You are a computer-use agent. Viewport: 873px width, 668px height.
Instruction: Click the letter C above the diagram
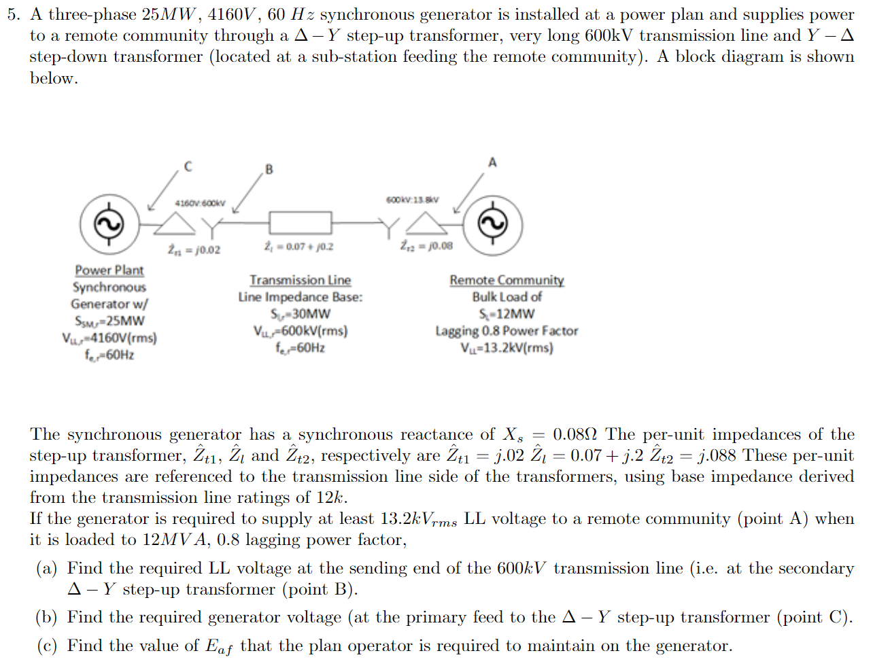[188, 166]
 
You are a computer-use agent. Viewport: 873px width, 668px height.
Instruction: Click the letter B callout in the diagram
[269, 169]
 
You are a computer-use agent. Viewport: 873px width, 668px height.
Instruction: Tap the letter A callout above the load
[492, 162]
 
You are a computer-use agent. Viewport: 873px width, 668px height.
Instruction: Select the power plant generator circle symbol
[109, 224]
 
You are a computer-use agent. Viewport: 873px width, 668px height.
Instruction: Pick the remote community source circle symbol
[493, 224]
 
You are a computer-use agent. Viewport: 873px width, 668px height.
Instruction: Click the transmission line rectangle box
[301, 222]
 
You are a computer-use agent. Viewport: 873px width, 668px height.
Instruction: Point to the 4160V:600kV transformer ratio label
[200, 203]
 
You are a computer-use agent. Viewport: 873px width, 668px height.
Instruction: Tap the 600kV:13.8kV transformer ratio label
[412, 200]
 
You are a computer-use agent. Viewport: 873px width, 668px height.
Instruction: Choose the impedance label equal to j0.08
[426, 245]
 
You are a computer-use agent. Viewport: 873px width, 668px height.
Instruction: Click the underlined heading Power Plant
[109, 270]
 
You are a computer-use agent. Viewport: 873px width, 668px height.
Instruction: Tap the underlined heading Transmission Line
[300, 280]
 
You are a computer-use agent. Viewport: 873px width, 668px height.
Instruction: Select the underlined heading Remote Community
[507, 280]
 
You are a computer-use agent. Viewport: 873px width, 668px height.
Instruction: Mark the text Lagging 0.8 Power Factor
[507, 331]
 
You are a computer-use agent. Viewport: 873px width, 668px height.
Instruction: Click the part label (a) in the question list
[47, 569]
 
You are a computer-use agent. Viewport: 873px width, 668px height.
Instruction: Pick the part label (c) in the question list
[47, 646]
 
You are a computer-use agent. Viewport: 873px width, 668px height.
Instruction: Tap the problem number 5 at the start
[12, 15]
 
